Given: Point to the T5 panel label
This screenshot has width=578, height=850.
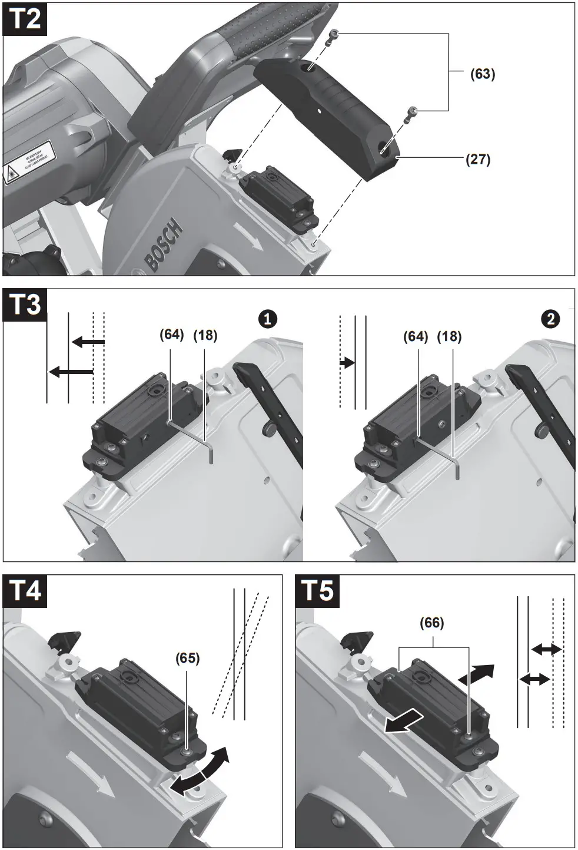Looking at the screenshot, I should coord(318,591).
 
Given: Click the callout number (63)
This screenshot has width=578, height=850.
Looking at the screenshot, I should coord(483,74).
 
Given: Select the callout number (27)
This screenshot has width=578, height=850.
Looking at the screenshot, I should coord(478,159).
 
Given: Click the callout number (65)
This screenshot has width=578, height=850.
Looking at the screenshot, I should coord(188,658).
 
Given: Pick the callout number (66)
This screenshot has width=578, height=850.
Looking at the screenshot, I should coord(432,623).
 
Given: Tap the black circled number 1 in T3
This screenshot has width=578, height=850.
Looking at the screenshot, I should coord(267,319).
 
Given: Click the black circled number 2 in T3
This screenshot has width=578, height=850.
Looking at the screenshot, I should coord(550,319).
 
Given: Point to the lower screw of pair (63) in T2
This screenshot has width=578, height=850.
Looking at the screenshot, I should coord(413,113).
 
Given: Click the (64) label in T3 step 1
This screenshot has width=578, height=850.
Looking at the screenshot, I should coord(172,335).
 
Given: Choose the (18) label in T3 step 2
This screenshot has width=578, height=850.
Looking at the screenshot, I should coord(449,336).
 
